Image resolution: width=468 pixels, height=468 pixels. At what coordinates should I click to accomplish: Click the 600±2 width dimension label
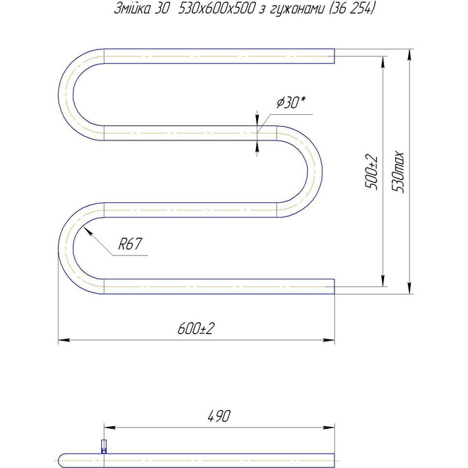[195, 328]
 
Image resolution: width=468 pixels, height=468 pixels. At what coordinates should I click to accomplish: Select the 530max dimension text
[398, 171]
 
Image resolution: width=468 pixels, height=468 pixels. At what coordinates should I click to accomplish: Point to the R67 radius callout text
[130, 244]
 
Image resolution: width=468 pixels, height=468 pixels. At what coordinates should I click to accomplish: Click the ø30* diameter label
[291, 103]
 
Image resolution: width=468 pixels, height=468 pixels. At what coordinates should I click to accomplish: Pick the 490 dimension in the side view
[219, 416]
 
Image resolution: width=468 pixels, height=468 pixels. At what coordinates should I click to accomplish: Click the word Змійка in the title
[133, 9]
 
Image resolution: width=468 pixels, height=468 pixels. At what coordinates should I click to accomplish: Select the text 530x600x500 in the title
[216, 9]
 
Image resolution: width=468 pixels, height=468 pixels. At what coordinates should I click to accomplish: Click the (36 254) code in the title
[352, 9]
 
